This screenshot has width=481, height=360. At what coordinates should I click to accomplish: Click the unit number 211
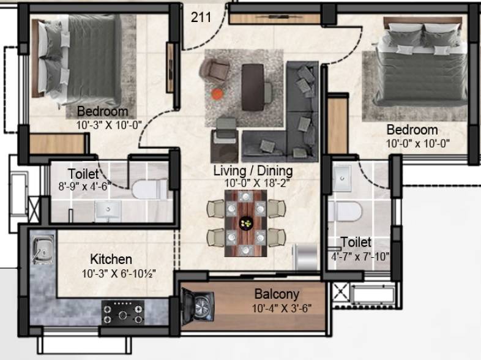201,17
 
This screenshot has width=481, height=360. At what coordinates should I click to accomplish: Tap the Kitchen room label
111,260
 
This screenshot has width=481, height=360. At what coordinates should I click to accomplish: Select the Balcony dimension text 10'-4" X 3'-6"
282,308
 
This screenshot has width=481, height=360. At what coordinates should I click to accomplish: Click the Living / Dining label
252,170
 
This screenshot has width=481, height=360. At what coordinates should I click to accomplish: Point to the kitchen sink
42,249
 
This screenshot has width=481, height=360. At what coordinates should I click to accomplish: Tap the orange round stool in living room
217,94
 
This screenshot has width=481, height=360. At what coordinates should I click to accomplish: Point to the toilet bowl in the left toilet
149,189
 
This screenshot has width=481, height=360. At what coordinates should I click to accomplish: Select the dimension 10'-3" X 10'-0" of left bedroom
109,124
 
